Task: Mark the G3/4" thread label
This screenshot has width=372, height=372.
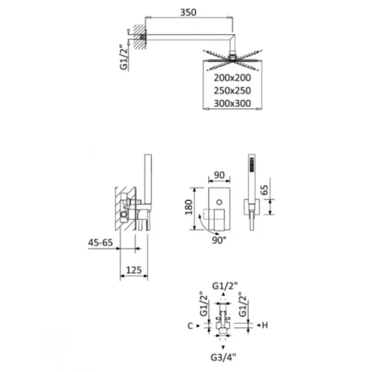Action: pos(222,356)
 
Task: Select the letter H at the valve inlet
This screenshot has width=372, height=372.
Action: pos(265,326)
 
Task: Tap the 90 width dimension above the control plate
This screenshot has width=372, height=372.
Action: pos(220,175)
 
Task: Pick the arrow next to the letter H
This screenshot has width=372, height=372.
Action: pos(251,326)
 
